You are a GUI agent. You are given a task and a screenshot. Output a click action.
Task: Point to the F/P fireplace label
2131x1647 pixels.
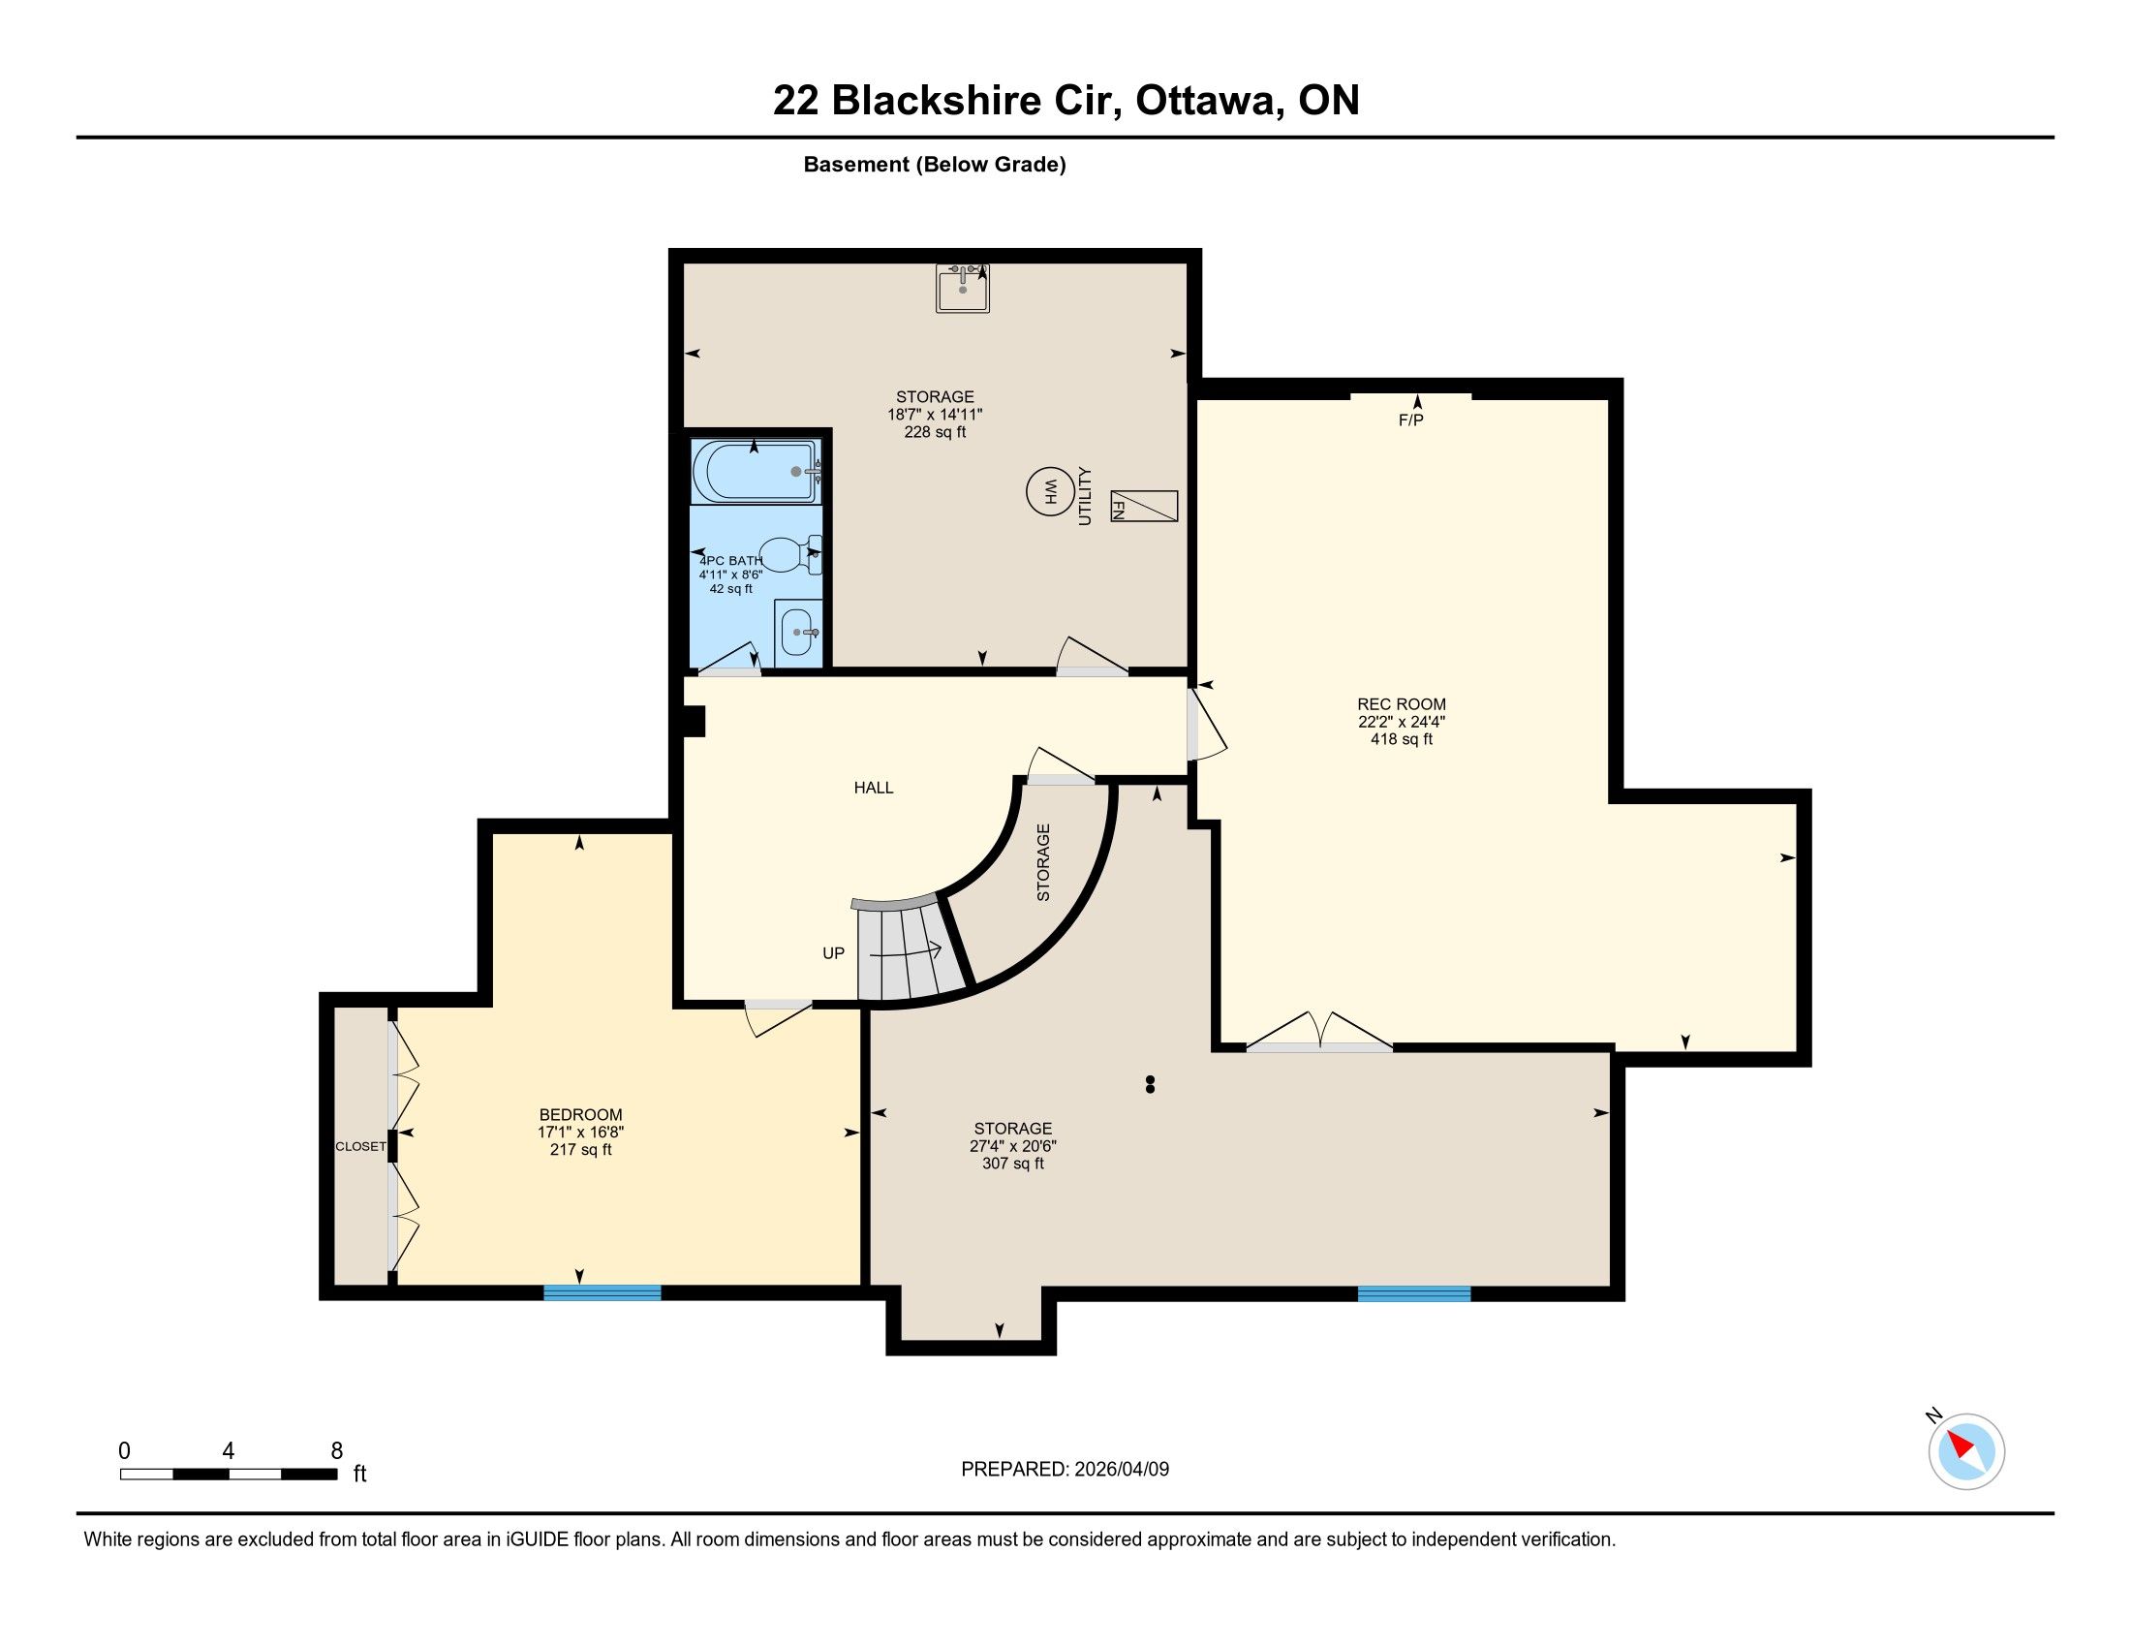coord(1411,420)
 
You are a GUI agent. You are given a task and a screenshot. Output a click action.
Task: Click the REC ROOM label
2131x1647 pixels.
coord(1402,704)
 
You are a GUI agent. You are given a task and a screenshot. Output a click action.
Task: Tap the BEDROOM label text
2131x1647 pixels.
coord(580,1115)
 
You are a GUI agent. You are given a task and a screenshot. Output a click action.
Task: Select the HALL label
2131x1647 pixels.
coord(874,788)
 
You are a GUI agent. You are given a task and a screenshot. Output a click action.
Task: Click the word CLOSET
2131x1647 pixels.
coord(361,1146)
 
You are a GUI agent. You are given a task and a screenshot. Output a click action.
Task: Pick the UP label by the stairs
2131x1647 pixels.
coord(833,953)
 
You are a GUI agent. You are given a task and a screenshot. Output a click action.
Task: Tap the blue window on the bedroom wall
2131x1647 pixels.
coord(602,1292)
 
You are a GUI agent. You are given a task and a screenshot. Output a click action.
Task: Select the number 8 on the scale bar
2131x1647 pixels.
coord(337,1451)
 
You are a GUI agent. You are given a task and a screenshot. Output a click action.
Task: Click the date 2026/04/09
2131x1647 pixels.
coord(1121,1470)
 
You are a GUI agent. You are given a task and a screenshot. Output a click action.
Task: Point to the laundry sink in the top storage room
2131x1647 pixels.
coord(963,288)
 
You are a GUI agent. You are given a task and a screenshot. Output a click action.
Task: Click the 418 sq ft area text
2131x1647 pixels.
coord(1402,739)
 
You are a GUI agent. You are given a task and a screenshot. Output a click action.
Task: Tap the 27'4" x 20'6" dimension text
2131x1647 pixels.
coord(1013,1146)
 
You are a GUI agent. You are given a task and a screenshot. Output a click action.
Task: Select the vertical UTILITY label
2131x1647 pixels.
coord(1085,497)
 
